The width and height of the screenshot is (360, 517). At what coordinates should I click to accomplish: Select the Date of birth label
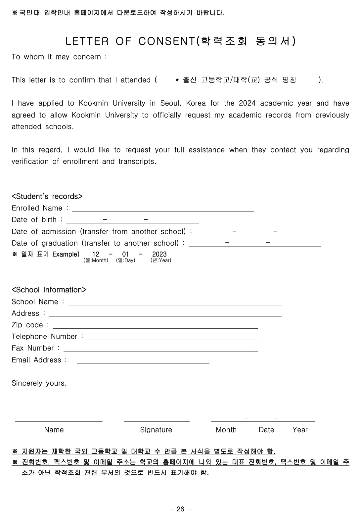pyautogui.click(x=34, y=220)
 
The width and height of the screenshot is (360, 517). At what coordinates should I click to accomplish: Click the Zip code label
pyautogui.click(x=27, y=325)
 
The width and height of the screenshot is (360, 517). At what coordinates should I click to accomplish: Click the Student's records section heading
pyautogui.click(x=47, y=196)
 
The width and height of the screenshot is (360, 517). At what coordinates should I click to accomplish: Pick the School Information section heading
pyautogui.click(x=49, y=290)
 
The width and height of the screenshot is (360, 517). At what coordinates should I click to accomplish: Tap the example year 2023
pyautogui.click(x=159, y=254)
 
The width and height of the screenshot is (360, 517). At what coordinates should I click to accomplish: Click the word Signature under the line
pyautogui.click(x=156, y=430)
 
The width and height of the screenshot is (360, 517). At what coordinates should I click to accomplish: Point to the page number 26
pyautogui.click(x=180, y=509)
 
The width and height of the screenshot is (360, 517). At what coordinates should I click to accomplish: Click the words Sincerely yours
pyautogui.click(x=39, y=383)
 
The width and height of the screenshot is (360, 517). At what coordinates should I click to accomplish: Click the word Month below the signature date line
pyautogui.click(x=226, y=430)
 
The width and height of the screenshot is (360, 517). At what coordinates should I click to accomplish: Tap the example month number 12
pyautogui.click(x=96, y=254)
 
